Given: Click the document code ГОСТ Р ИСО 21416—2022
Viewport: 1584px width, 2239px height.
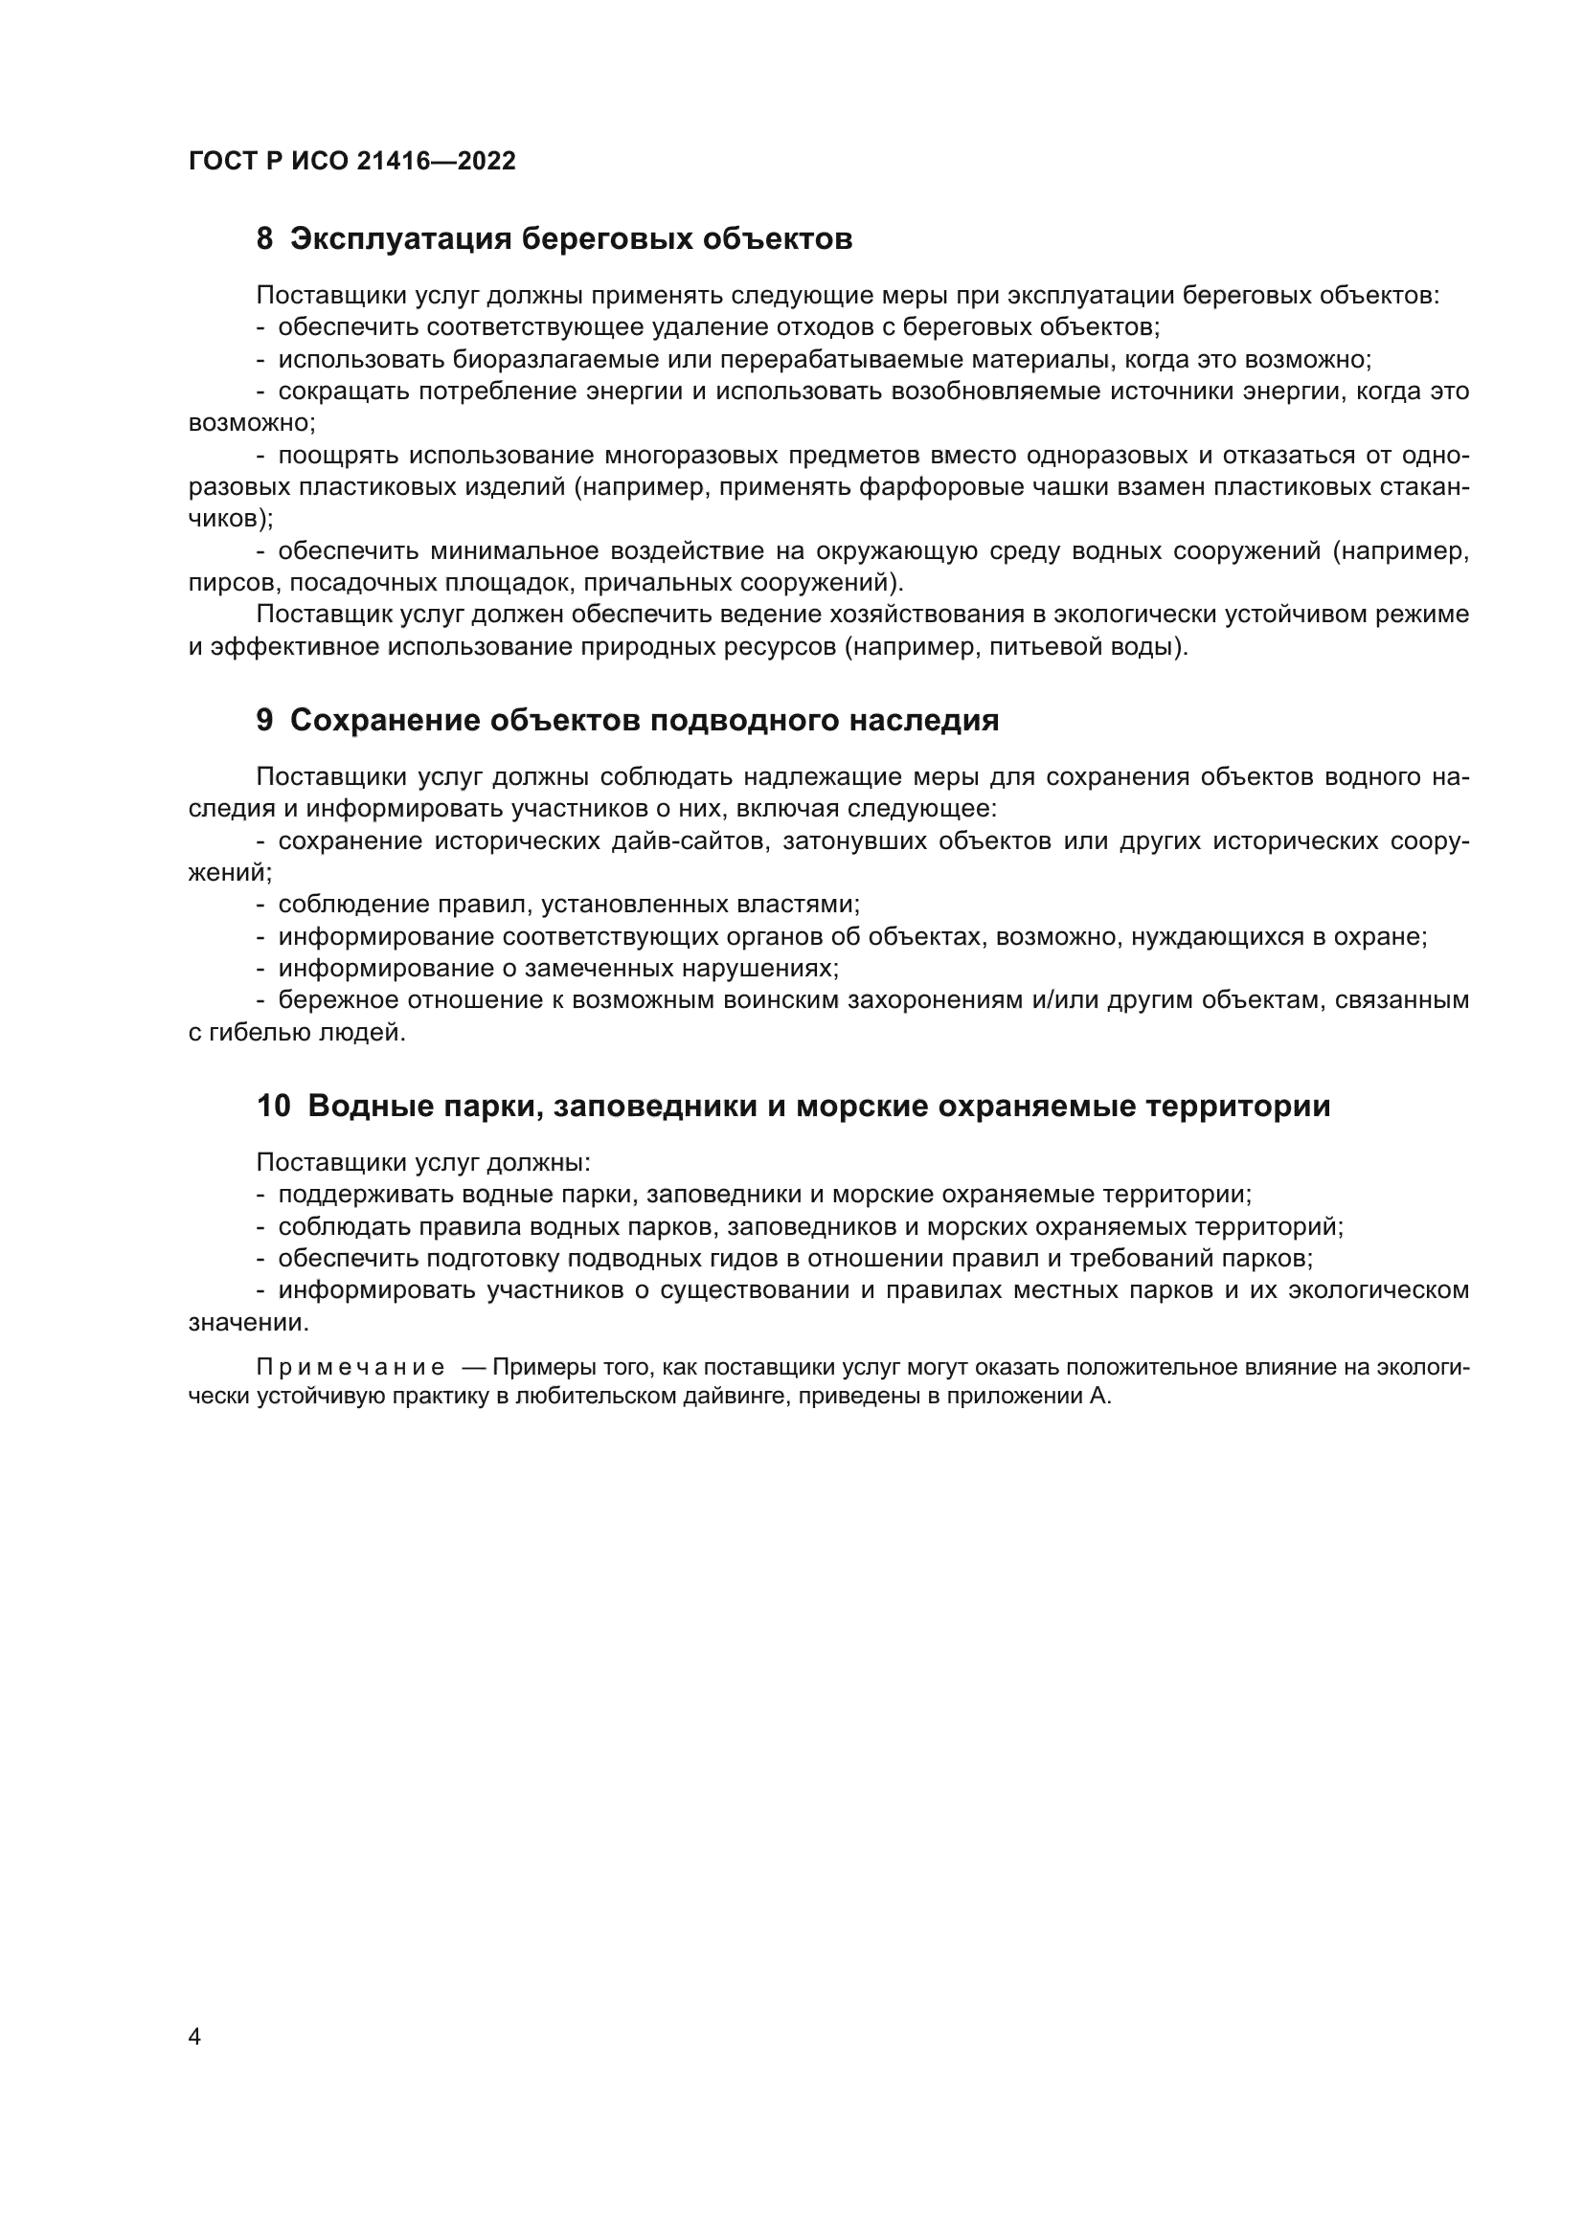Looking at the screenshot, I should [x=352, y=161].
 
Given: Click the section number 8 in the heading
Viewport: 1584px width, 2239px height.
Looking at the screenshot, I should [x=264, y=239].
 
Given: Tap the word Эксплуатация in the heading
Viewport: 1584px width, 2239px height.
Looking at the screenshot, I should [x=401, y=239].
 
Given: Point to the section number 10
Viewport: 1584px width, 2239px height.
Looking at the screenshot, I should [x=273, y=1106].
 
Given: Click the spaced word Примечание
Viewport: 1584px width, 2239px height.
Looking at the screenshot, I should [x=351, y=1367].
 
